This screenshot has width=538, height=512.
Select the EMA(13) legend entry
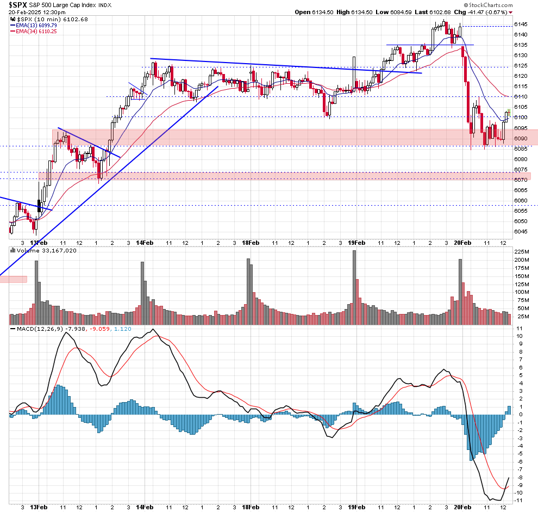pyautogui.click(x=37, y=26)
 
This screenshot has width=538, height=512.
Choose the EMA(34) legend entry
pyautogui.click(x=37, y=32)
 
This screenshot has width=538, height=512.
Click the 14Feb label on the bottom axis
pyautogui.click(x=144, y=242)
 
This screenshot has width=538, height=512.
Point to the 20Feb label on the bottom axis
pyautogui.click(x=461, y=242)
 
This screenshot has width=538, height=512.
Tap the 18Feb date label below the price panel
pyautogui.click(x=250, y=242)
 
